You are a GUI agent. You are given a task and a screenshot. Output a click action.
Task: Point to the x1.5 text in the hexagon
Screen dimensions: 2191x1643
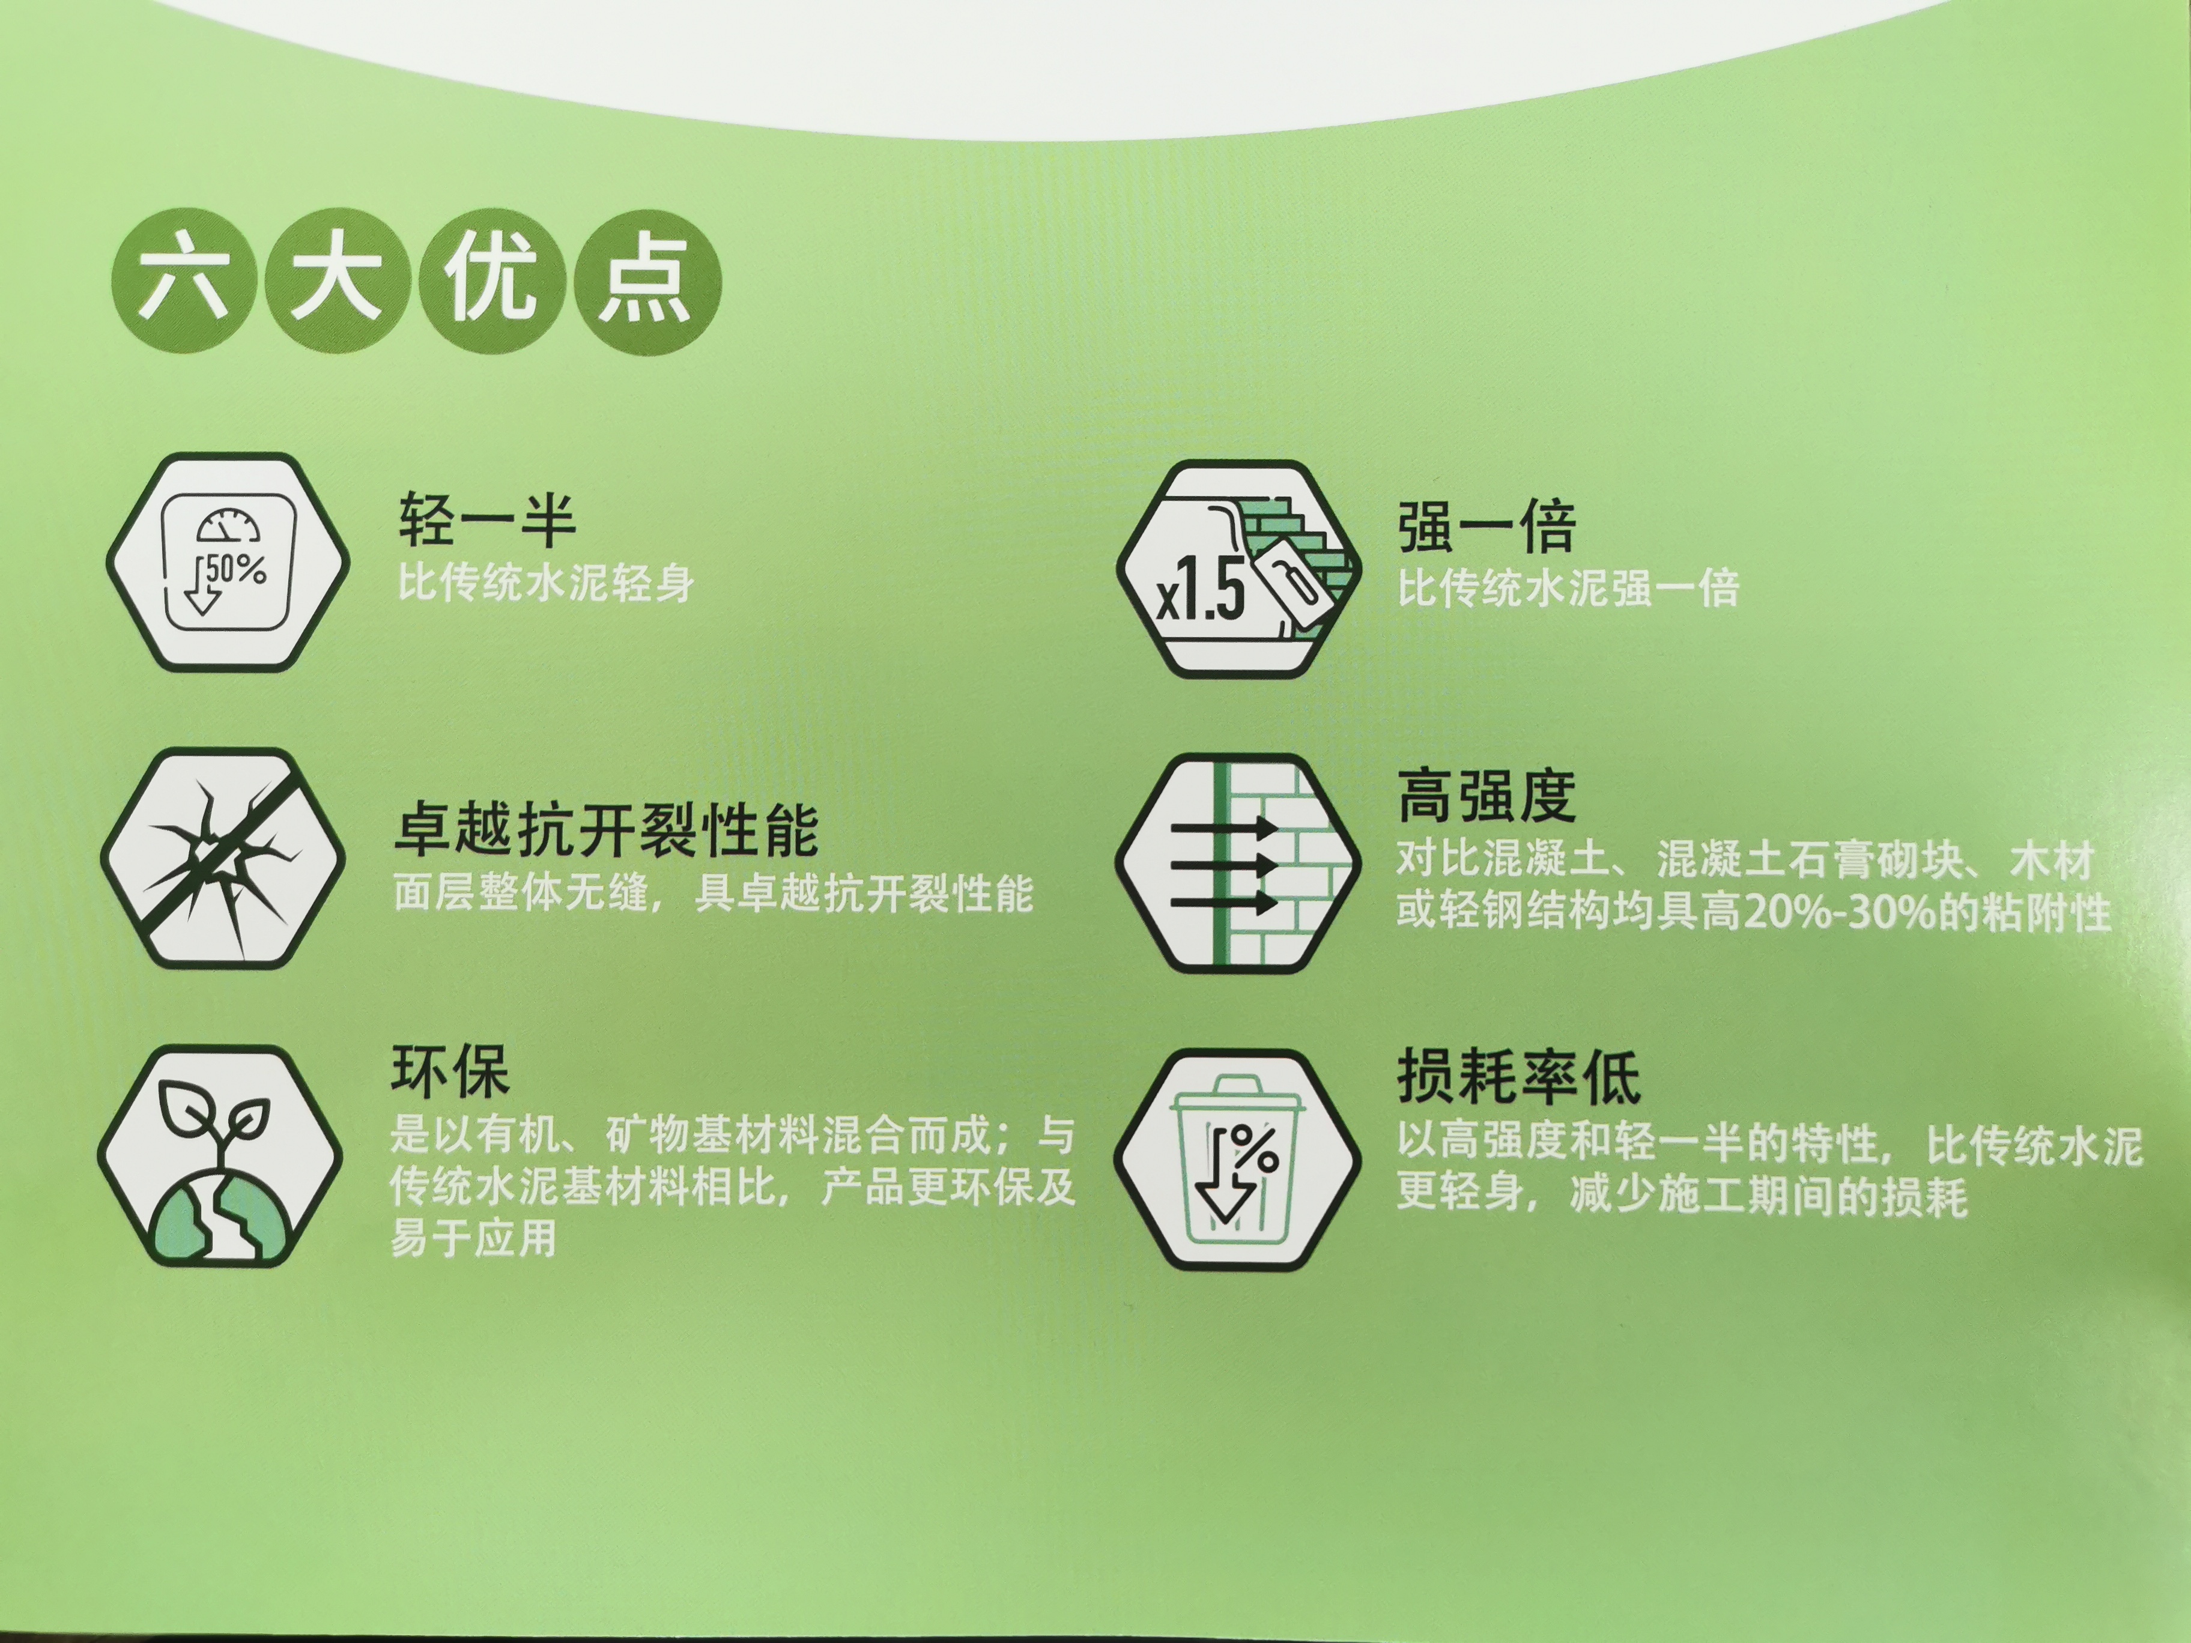[1201, 592]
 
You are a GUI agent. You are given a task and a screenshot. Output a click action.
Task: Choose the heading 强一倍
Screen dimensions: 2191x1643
[1486, 527]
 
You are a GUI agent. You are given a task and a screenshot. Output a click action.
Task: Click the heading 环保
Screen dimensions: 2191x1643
[450, 1071]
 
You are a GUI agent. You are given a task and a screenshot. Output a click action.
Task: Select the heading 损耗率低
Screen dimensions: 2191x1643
[1518, 1077]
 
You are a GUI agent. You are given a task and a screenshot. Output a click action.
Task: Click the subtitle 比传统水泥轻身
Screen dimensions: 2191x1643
[546, 582]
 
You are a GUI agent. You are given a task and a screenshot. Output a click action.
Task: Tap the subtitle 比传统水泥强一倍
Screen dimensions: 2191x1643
[1568, 589]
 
